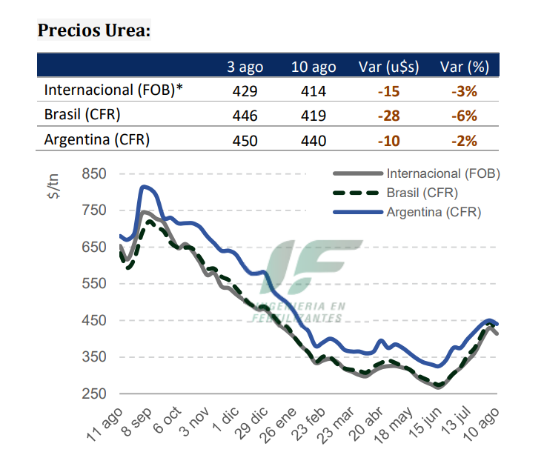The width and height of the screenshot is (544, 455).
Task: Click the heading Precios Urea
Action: pos(94,31)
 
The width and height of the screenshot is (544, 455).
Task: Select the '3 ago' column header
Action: pos(245,67)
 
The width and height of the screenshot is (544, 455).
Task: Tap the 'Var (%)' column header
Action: pos(464,67)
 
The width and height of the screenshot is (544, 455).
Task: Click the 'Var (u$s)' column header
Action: pos(388,67)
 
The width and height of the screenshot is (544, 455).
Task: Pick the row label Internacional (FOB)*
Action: pos(113,90)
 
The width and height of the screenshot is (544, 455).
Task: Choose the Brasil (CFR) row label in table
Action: pos(82,115)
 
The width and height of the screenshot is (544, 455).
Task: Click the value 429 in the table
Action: pos(245,91)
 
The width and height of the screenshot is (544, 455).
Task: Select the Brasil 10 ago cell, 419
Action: pos(314,116)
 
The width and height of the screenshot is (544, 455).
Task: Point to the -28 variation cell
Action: pos(388,116)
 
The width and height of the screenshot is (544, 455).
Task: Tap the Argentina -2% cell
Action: pos(464,141)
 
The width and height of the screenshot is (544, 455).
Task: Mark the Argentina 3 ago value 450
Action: pos(245,141)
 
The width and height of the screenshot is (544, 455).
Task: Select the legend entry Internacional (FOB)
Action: pos(443,174)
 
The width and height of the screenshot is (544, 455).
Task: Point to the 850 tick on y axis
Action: pos(94,174)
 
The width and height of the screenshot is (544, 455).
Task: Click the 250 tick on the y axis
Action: pos(94,394)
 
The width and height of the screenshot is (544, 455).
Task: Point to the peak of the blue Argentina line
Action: pos(144,187)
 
